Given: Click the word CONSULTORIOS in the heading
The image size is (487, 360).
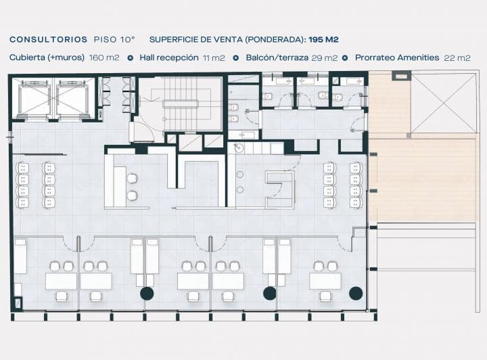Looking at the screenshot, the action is tap(49, 40).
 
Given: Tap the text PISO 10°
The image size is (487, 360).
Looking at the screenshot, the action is tap(114, 40).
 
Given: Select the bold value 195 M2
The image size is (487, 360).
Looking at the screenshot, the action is tap(323, 40).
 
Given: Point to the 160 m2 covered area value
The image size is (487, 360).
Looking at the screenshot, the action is tap(104, 58).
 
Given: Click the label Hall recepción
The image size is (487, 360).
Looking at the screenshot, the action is tap(169, 58).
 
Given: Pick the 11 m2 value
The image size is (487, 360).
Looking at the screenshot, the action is tap(214, 58).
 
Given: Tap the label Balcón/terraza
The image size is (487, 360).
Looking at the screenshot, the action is tap(277, 58).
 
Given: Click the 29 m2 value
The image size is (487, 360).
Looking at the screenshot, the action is tap(324, 58).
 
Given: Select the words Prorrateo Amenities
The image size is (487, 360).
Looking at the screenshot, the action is tap(397, 58).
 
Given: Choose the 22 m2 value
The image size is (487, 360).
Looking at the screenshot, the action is tap(457, 58).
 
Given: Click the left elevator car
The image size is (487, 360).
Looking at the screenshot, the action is tap(34, 99).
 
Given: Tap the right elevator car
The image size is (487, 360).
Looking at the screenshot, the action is tap(72, 99).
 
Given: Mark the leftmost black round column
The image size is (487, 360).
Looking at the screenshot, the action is tap(147, 293).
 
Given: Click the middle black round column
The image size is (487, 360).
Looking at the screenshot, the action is tap(270, 293).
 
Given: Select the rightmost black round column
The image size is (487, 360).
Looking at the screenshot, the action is tap(356, 293).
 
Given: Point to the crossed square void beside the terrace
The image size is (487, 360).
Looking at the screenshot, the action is tap(443, 103).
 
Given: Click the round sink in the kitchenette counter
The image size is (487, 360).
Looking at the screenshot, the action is tap(239, 148).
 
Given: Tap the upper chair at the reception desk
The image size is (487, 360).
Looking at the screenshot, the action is tap(132, 178).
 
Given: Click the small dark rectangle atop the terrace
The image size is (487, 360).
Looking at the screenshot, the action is tap(401, 76).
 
